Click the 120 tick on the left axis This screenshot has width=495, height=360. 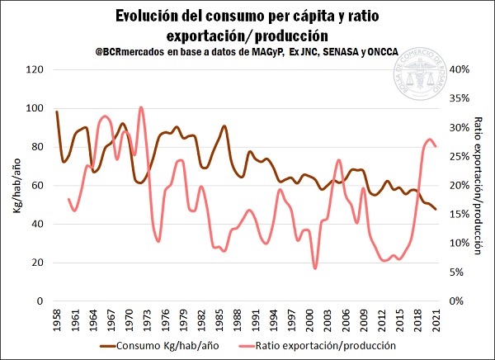[35, 69]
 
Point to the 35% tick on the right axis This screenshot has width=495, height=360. [458, 98]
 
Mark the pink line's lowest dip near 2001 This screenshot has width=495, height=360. [314, 268]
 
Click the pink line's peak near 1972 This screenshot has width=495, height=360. [141, 107]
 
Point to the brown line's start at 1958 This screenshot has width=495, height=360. [57, 111]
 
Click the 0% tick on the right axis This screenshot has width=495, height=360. [455, 301]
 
